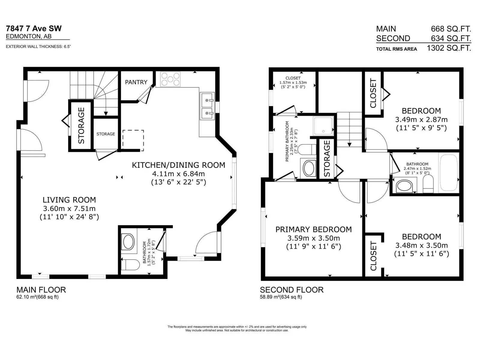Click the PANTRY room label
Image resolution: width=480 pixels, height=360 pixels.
pyautogui.click(x=136, y=82)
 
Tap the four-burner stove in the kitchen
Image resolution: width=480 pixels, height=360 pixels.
pyautogui.click(x=170, y=79)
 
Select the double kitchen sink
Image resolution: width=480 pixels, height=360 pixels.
pyautogui.click(x=207, y=106)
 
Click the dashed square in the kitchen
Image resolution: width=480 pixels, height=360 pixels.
pyautogui.click(x=133, y=140)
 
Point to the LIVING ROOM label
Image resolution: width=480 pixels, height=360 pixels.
pyautogui.click(x=69, y=200)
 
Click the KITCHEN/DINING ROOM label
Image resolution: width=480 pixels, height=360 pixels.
pyautogui.click(x=178, y=165)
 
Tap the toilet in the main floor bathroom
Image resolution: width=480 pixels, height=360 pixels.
pyautogui.click(x=130, y=265)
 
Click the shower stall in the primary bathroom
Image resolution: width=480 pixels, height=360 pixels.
pyautogui.click(x=323, y=126)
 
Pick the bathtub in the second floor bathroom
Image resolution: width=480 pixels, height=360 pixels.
pyautogui.click(x=448, y=173)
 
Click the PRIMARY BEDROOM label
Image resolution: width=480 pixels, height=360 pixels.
pyautogui.click(x=313, y=229)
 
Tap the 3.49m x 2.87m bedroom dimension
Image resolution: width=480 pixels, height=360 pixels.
pyautogui.click(x=421, y=120)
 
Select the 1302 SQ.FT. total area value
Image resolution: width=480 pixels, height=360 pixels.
pyautogui.click(x=449, y=48)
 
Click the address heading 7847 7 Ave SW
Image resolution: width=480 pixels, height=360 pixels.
pyautogui.click(x=34, y=28)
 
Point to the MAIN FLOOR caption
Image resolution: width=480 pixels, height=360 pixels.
pyautogui.click(x=41, y=290)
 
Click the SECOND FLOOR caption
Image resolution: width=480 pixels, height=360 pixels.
pyautogui.click(x=292, y=290)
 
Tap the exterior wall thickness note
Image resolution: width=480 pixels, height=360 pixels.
pyautogui.click(x=38, y=46)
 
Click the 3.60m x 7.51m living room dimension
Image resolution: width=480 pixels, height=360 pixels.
pyautogui.click(x=69, y=208)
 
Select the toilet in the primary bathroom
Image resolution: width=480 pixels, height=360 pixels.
pyautogui.click(x=307, y=149)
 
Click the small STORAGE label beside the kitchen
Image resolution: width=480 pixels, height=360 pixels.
pyautogui.click(x=106, y=134)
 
